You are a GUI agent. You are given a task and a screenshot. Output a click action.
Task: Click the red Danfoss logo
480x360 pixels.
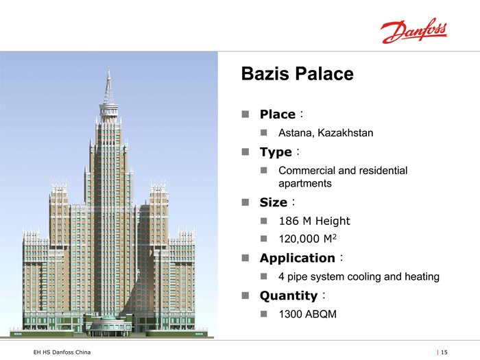tap(414, 31)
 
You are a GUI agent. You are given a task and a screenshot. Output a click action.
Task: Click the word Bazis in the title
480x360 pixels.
tap(265, 74)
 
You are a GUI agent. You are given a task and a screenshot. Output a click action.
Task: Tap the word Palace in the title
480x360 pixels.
tap(324, 74)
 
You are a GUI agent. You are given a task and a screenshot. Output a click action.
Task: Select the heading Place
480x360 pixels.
tap(278, 115)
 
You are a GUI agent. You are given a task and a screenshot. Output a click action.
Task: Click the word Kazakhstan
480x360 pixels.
tap(346, 133)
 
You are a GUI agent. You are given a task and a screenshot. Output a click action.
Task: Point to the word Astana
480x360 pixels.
tap(296, 133)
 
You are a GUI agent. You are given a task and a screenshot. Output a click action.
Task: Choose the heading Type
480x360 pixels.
tap(276, 152)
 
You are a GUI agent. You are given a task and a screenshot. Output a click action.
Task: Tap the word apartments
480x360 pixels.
tap(305, 184)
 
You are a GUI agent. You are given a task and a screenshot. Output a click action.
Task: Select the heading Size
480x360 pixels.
tap(274, 202)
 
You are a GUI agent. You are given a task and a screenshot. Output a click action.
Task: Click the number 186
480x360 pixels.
tap(289, 221)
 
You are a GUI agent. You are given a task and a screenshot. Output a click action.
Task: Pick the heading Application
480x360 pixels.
tap(297, 259)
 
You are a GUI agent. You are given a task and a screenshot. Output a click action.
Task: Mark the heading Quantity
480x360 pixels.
tap(289, 296)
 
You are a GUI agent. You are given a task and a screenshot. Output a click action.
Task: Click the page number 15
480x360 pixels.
tap(444, 352)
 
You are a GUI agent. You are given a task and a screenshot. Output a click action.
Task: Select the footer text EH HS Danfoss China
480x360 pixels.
tap(62, 352)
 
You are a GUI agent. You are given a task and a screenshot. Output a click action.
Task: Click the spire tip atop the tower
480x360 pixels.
tap(108, 68)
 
